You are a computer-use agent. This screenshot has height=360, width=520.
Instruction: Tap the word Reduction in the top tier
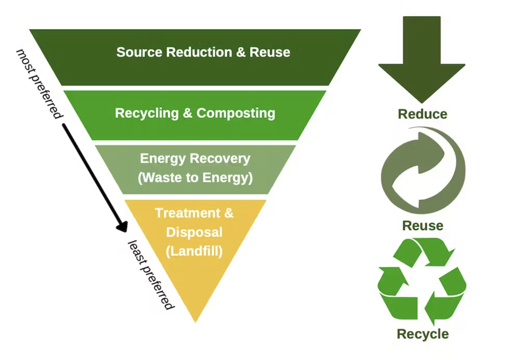[x=199, y=52]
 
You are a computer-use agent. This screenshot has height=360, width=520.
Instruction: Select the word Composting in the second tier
[x=236, y=113]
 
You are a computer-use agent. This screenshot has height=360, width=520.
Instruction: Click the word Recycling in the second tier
[x=146, y=113]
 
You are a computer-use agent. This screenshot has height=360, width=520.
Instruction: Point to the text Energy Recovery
[x=195, y=158]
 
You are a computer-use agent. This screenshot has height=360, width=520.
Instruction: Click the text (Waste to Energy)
[x=195, y=178]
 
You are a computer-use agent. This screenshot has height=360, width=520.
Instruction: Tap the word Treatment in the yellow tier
[x=187, y=213]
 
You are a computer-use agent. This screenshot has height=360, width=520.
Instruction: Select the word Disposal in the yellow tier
[x=194, y=232]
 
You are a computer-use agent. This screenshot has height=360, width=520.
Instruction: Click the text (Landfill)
[x=194, y=251]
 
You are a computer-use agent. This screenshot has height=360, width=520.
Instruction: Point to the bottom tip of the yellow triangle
[x=195, y=320]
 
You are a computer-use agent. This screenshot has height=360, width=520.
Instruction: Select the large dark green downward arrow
[x=422, y=59]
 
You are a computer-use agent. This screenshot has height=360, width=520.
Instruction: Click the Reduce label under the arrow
[x=422, y=114]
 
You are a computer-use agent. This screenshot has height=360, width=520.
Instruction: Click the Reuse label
[x=422, y=226]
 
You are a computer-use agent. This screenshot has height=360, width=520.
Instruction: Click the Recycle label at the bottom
[x=422, y=334]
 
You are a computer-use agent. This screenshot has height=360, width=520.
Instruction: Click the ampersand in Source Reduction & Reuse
[x=241, y=52]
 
